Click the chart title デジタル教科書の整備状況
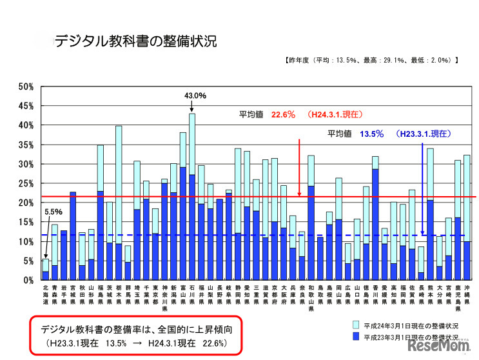(135, 42)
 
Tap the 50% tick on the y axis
(26, 86)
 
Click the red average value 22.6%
(283, 114)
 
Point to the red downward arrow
(299, 168)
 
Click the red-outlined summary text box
(136, 334)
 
